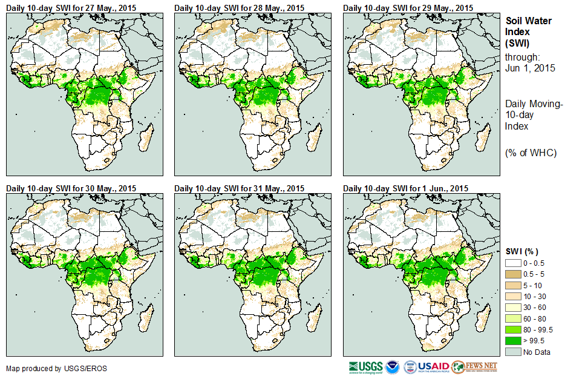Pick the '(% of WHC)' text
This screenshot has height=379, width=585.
(531, 152)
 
